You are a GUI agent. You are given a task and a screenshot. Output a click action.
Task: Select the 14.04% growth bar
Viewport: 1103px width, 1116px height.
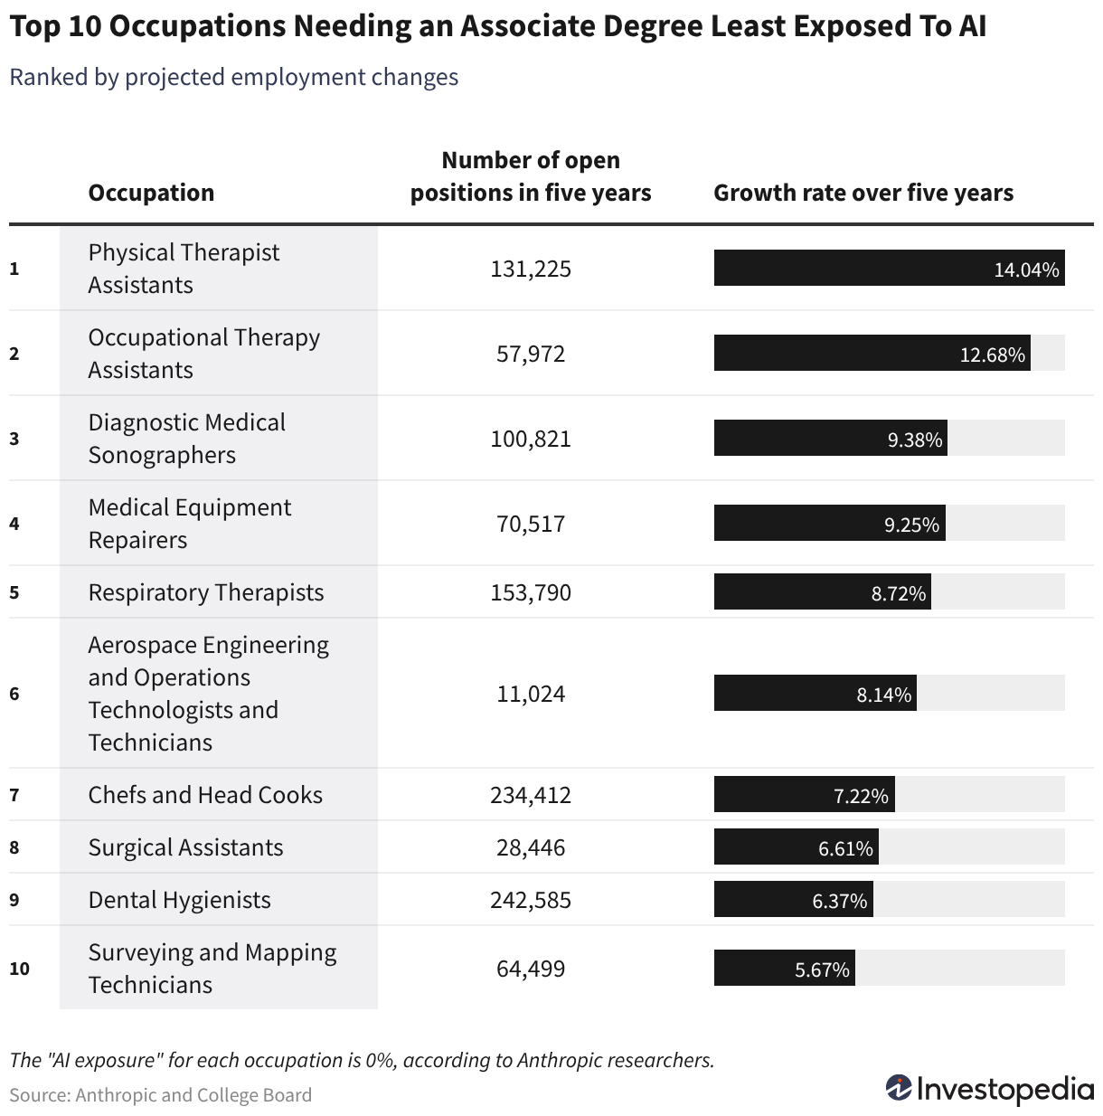pos(889,268)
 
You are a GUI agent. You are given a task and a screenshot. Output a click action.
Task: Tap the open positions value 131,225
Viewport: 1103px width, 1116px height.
pos(531,269)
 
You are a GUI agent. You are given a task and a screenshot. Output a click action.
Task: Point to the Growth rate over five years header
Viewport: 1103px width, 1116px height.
pos(863,193)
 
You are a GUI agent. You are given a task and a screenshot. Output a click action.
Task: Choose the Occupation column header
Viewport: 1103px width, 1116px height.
pos(151,193)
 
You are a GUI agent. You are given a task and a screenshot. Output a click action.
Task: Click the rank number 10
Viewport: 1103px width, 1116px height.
pos(19,969)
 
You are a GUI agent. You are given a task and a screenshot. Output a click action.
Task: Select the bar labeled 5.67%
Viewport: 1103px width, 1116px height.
pos(784,968)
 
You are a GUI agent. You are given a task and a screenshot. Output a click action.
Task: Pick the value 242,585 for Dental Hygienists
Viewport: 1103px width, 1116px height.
pos(531,900)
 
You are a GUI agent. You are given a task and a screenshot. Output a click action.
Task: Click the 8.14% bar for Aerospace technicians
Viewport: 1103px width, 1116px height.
pos(815,693)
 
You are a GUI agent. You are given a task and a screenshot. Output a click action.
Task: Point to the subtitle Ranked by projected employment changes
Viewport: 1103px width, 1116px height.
pos(234,77)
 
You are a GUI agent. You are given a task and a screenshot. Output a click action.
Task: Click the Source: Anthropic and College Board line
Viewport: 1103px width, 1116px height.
pos(161,1094)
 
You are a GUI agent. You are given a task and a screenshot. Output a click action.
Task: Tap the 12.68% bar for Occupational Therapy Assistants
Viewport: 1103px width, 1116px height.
pos(872,353)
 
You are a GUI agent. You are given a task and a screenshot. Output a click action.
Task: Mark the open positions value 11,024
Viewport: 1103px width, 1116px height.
pos(531,694)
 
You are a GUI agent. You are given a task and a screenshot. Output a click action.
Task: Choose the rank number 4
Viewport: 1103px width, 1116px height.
pos(14,524)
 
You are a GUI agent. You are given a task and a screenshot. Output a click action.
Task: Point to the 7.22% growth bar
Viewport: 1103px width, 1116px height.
pos(805,794)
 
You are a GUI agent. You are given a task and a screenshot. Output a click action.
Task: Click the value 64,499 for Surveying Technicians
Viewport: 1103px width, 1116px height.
pos(531,969)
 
